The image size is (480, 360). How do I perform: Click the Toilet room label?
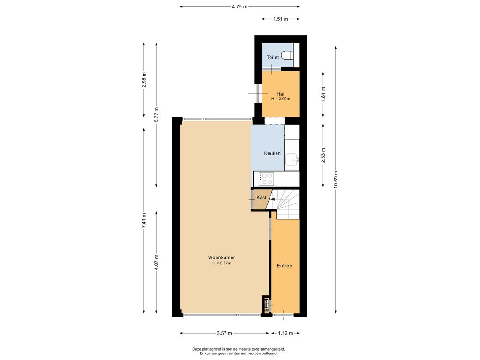pyautogui.click(x=272, y=57)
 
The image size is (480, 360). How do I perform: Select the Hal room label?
pyautogui.click(x=280, y=94)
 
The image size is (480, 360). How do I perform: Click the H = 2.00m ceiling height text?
pyautogui.click(x=281, y=99)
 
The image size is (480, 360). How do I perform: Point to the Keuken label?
pyautogui.click(x=272, y=153)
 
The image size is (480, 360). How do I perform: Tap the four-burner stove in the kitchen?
pyautogui.click(x=266, y=179)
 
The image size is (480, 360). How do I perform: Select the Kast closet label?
pyautogui.click(x=262, y=198)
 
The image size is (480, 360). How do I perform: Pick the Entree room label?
pyautogui.click(x=285, y=266)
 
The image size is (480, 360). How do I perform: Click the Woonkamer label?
pyautogui.click(x=222, y=258)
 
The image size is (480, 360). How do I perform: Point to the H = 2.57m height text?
pyautogui.click(x=222, y=263)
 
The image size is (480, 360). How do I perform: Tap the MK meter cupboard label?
pyautogui.click(x=266, y=311)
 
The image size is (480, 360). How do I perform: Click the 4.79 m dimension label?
pyautogui.click(x=240, y=7)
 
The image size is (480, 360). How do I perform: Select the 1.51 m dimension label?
pyautogui.click(x=280, y=19)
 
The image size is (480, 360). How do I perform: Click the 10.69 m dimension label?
pyautogui.click(x=336, y=180)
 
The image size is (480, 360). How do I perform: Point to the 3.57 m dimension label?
pyautogui.click(x=225, y=333)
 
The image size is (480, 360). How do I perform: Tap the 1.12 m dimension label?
pyautogui.click(x=285, y=333)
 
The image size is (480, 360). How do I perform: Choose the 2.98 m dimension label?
pyautogui.click(x=144, y=80)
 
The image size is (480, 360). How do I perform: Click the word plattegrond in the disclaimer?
pyautogui.click(x=210, y=349)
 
